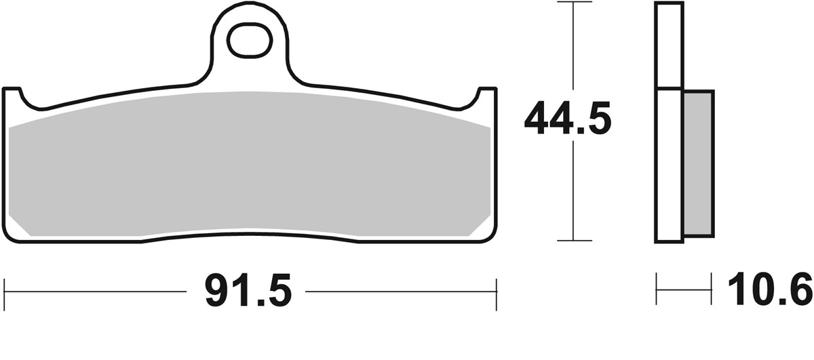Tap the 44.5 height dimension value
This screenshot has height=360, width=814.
[x=568, y=121]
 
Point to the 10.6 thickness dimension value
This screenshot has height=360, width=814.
[x=769, y=291]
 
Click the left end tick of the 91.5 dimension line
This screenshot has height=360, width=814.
[x=5, y=292]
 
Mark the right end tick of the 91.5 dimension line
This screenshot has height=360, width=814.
[x=497, y=292]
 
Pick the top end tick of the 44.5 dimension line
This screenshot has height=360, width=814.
[x=574, y=3]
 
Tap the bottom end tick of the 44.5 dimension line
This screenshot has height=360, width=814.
[x=574, y=240]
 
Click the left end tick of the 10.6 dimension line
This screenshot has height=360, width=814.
[x=657, y=291]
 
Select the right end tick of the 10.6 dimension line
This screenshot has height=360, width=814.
[x=711, y=291]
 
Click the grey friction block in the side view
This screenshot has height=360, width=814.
[x=698, y=163]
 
